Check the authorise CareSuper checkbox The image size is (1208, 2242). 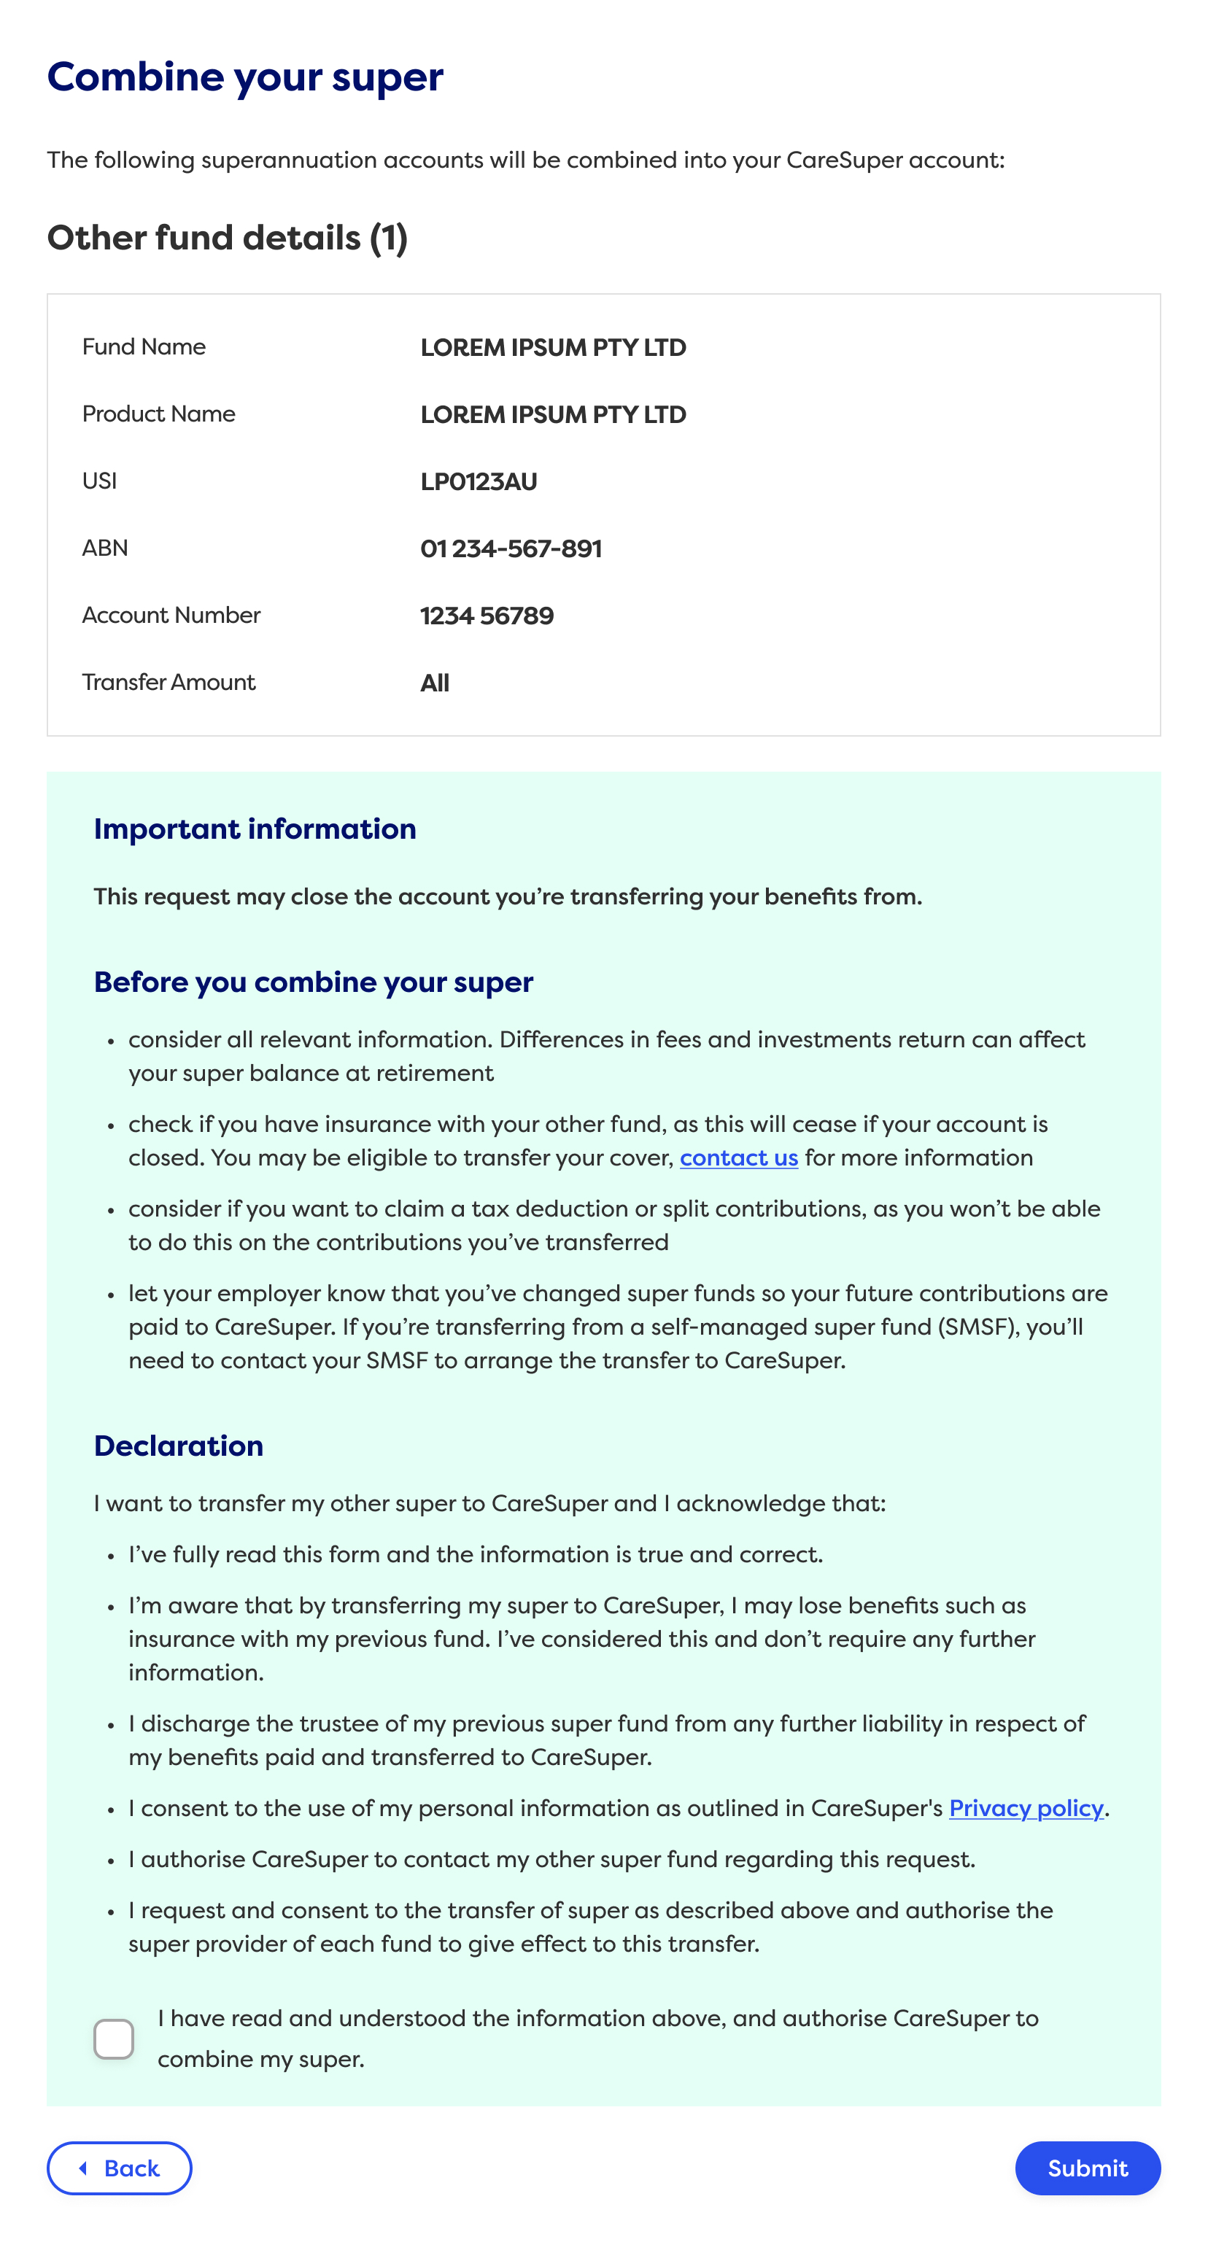coord(114,2039)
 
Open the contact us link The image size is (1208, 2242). coord(738,1157)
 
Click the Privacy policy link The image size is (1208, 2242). coord(1025,1808)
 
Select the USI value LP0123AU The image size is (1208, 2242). coord(478,481)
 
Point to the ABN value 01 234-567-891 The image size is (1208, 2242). coord(511,548)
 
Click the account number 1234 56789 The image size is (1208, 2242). coord(487,616)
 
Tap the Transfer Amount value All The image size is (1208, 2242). coord(434,683)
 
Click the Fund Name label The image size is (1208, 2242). coord(144,346)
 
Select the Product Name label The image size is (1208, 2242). coord(158,414)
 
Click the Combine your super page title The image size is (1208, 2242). coord(244,77)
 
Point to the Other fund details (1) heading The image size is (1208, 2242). coord(227,238)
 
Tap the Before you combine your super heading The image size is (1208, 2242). coord(314,982)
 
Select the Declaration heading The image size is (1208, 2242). coord(179,1446)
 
